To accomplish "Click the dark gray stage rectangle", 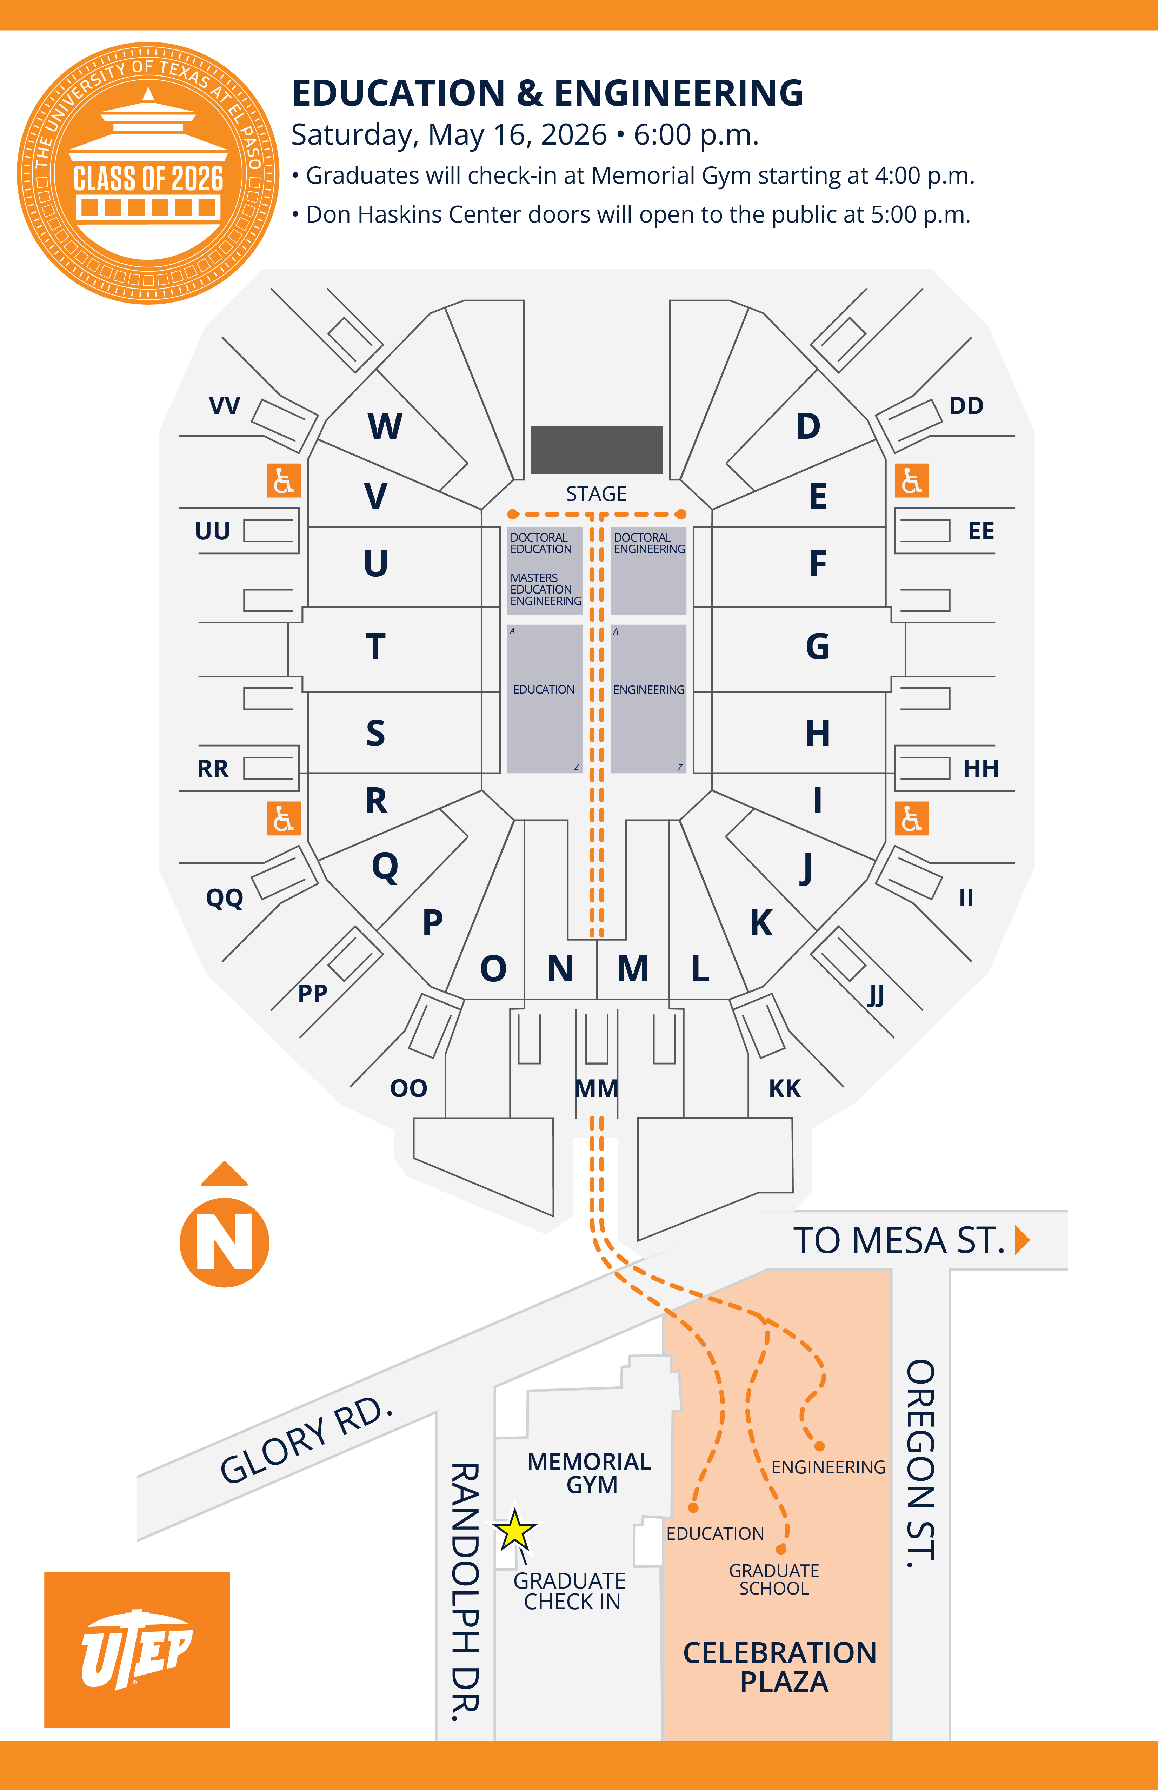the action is pos(596,450).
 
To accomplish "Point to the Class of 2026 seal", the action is pos(148,173).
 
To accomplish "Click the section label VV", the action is pos(224,406).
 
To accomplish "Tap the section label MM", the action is pos(596,1088).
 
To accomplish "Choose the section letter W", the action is pos(385,426).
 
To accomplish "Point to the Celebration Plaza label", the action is pos(780,1667).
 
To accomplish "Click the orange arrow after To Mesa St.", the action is pos(1022,1240).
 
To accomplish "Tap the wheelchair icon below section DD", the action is pos(911,480).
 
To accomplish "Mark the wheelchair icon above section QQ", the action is pos(284,818).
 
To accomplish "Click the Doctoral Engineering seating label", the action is pos(650,543).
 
